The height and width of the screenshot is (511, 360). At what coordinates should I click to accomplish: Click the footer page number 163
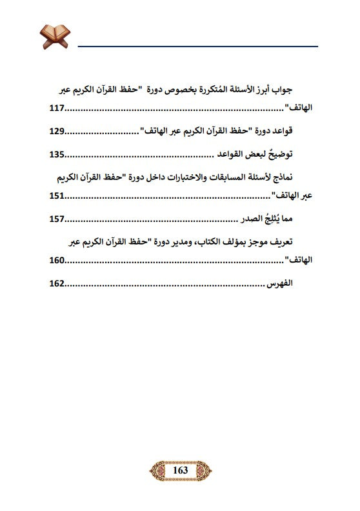(180, 471)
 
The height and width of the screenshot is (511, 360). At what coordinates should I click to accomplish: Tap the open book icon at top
(54, 36)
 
